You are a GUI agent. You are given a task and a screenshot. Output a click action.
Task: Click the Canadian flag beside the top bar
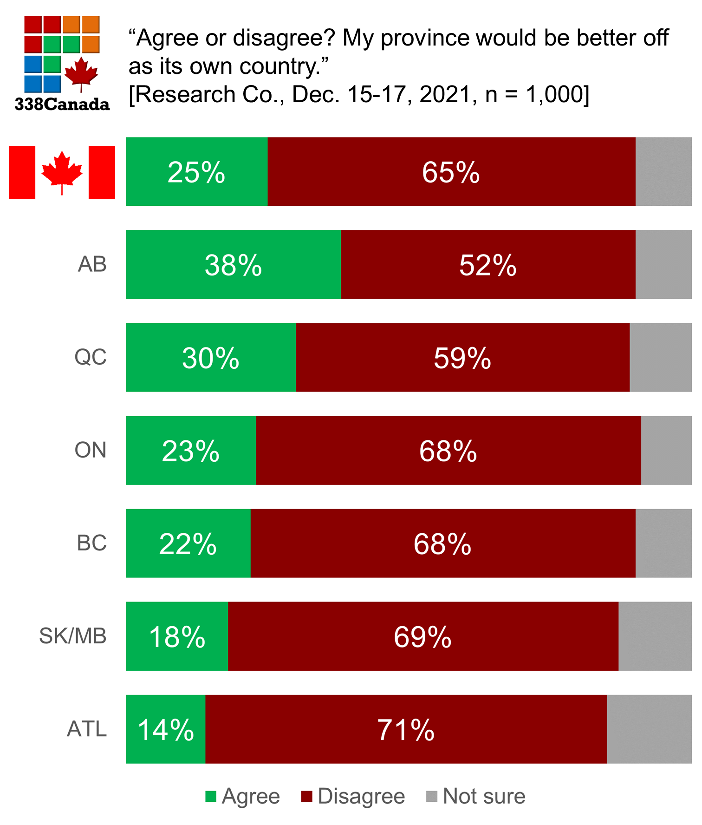pyautogui.click(x=62, y=172)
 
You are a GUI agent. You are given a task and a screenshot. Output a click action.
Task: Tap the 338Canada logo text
pyautogui.click(x=62, y=104)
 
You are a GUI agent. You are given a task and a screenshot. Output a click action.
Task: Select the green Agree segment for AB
pyautogui.click(x=233, y=264)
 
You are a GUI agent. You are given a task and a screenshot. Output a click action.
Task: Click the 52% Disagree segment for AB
pyautogui.click(x=487, y=264)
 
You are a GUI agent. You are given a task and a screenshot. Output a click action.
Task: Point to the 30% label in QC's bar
pyautogui.click(x=210, y=358)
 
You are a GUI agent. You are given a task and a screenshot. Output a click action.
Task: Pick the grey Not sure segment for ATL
pyautogui.click(x=649, y=729)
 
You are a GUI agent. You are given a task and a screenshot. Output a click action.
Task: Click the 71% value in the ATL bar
pyautogui.click(x=405, y=730)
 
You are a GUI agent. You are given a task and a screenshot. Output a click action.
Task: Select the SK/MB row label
pyautogui.click(x=73, y=636)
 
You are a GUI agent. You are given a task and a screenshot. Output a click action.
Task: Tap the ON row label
pyautogui.click(x=91, y=450)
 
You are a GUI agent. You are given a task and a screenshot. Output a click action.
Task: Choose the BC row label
pyautogui.click(x=91, y=543)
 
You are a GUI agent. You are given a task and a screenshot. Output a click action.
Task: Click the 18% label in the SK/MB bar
pyautogui.click(x=177, y=637)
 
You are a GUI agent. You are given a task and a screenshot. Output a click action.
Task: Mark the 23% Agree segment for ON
pyautogui.click(x=191, y=450)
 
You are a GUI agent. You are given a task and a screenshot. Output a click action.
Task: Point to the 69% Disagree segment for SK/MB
pyautogui.click(x=422, y=636)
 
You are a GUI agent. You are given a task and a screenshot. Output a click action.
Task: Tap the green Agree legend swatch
pyautogui.click(x=211, y=797)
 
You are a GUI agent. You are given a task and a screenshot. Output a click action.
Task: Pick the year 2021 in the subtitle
pyautogui.click(x=445, y=94)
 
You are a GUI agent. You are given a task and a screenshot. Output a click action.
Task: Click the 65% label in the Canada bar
pyautogui.click(x=450, y=172)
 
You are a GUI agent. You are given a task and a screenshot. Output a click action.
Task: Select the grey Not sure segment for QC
pyautogui.click(x=660, y=357)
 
